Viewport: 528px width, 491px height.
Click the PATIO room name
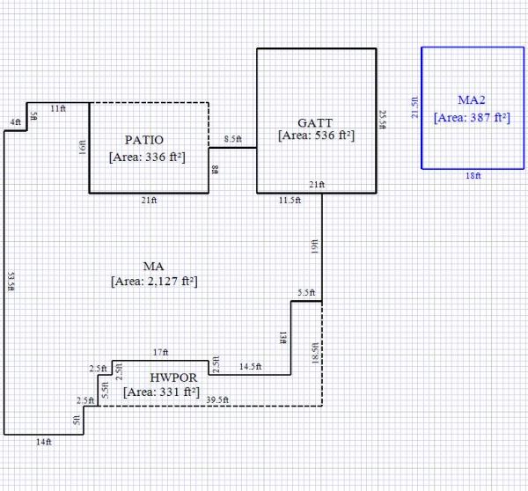[144, 140]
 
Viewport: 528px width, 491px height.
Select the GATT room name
[315, 122]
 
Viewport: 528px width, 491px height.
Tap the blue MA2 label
[472, 99]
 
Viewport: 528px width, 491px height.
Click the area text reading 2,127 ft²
[154, 282]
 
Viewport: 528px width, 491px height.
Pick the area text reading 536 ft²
[316, 136]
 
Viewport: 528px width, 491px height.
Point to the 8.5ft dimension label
[233, 140]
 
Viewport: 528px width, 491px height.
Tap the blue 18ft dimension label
[473, 176]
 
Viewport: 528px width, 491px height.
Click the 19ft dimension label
[314, 247]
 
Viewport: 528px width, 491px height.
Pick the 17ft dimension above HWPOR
[160, 352]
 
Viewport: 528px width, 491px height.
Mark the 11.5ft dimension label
[290, 201]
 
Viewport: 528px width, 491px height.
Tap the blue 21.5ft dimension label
[415, 107]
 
